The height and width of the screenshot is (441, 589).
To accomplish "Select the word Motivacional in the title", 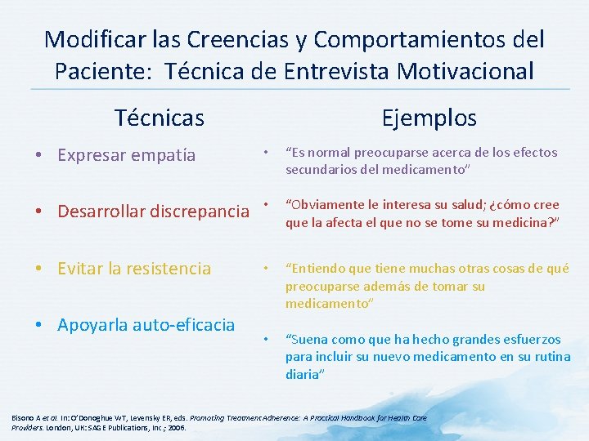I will (465, 71).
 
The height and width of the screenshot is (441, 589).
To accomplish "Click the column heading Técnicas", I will (160, 118).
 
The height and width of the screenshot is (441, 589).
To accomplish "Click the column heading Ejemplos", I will (429, 118).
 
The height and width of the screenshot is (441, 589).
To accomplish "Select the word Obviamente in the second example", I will (323, 204).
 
